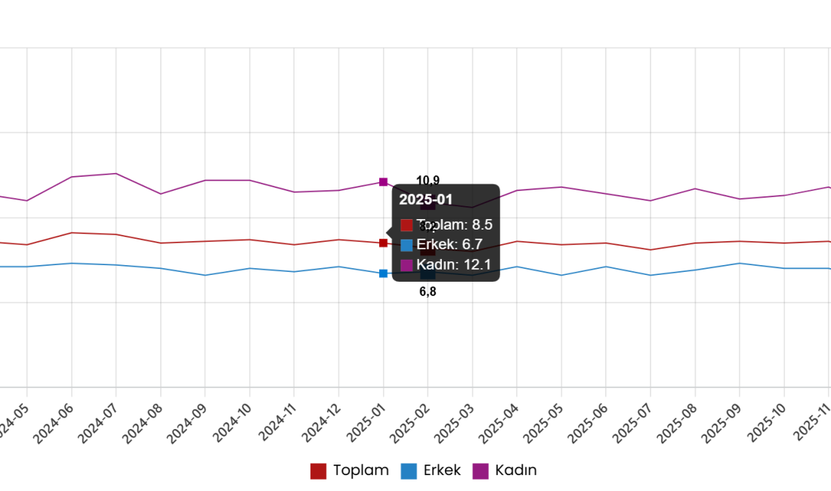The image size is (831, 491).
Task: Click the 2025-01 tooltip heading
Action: (425, 199)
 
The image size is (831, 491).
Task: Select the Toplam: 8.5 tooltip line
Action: (454, 224)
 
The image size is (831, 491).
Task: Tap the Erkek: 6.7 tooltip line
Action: (449, 245)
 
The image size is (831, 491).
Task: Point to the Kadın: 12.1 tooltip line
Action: (453, 264)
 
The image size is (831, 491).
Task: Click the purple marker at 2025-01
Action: (383, 181)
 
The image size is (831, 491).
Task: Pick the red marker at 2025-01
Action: (383, 243)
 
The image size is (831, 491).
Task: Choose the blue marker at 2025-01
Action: (383, 273)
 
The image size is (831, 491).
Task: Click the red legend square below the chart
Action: (318, 471)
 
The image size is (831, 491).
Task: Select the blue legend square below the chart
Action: (409, 471)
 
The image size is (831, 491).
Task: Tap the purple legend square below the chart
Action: (480, 471)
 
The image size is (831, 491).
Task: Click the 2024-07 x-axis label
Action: (98, 423)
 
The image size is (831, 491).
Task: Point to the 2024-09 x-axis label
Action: (187, 423)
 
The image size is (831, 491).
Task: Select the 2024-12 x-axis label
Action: (321, 423)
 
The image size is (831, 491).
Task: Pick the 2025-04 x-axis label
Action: (499, 423)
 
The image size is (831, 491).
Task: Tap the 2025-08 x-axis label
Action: (678, 423)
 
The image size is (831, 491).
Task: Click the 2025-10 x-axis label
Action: (767, 423)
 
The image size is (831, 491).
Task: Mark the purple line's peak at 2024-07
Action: (116, 174)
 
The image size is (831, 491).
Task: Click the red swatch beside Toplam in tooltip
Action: (406, 225)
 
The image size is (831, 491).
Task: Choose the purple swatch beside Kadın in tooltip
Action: (406, 265)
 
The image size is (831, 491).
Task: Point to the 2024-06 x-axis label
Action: (54, 423)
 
